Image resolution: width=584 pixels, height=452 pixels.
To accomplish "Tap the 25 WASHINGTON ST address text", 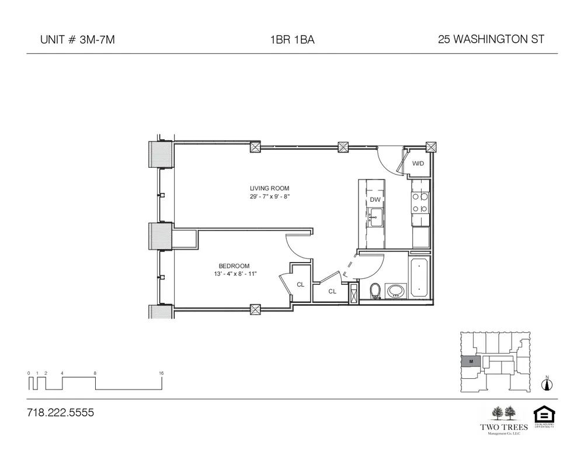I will coord(491,40).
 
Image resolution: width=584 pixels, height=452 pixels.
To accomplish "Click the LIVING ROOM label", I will coord(269,188).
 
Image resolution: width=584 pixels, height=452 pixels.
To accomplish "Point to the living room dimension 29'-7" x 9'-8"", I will coord(269,197).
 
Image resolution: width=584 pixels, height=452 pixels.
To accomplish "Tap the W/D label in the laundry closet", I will coord(418,164).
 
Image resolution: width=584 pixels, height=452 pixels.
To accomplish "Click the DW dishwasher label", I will coord(375,200).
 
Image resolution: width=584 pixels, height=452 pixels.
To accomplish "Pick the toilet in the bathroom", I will coord(376,291).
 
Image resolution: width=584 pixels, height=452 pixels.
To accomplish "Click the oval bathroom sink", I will coord(397,291).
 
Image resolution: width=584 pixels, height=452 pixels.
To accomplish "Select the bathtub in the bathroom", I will coord(419,278).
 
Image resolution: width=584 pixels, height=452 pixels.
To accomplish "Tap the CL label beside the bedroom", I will coord(300,285).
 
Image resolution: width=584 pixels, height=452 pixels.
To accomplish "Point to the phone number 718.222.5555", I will coord(60,413).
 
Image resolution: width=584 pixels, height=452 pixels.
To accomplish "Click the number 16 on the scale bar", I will coord(161,372).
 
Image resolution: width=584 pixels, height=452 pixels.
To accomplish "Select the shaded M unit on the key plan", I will coord(470,362).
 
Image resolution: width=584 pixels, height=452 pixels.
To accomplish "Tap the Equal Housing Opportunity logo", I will coord(543,416).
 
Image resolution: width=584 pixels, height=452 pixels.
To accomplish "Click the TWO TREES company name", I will coord(503,427).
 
